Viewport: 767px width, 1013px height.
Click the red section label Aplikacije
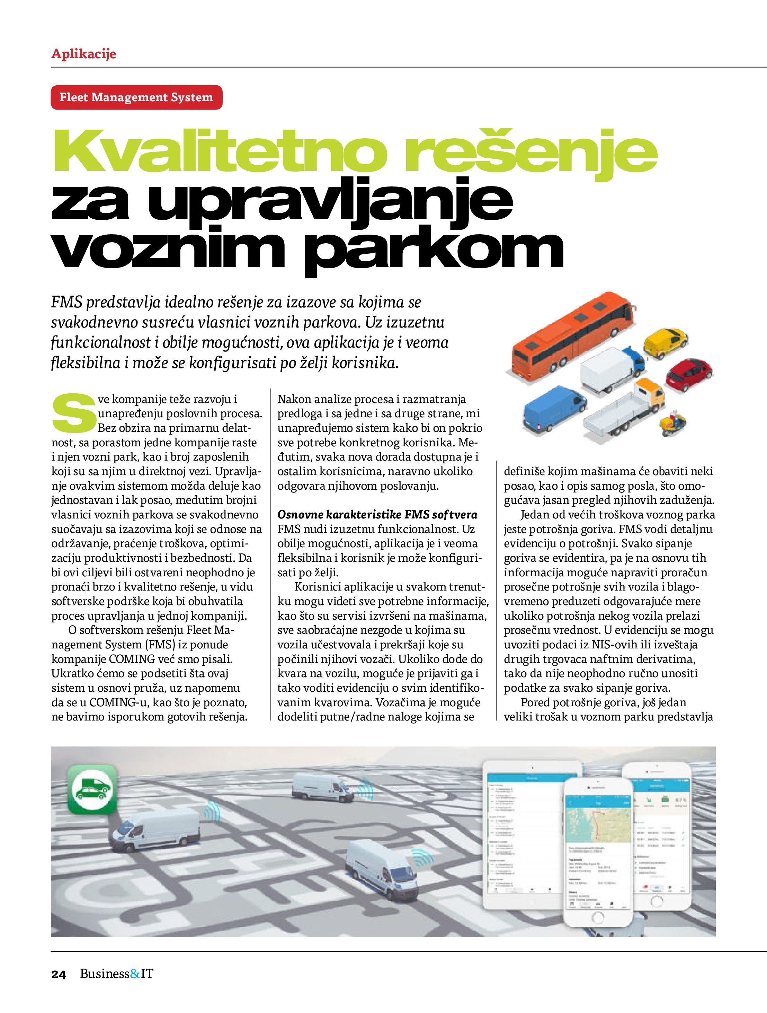coord(83,54)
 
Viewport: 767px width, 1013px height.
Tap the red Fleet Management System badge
coord(136,97)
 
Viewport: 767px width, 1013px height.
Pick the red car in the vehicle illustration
coord(689,373)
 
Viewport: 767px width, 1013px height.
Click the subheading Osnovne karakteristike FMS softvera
coord(377,514)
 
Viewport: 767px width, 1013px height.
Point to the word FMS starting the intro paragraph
coord(66,303)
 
